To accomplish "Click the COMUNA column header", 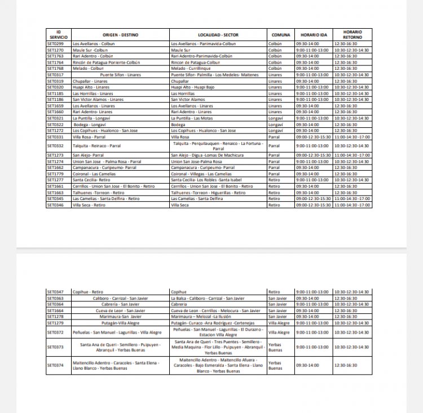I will pyautogui.click(x=281, y=35).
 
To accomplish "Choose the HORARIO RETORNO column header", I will pyautogui.click(x=352, y=35).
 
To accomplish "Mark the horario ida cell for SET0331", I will pyautogui.click(x=313, y=137).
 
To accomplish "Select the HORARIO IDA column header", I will pyautogui.click(x=313, y=35).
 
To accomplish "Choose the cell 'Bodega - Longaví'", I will pyautogui.click(x=90, y=125).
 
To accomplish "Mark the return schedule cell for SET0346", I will pyautogui.click(x=352, y=205).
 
